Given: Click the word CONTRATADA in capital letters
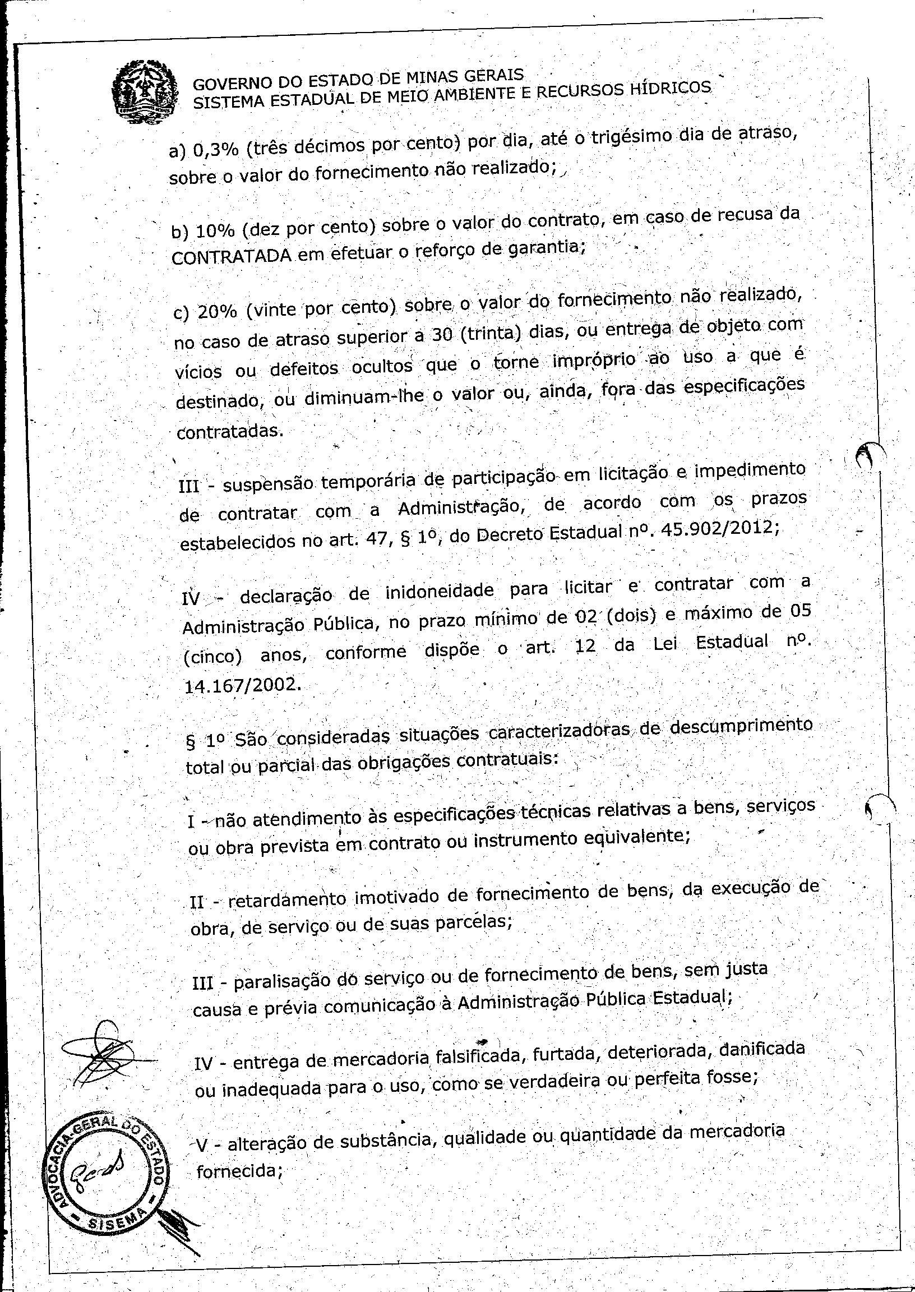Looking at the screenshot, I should point(230,256).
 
